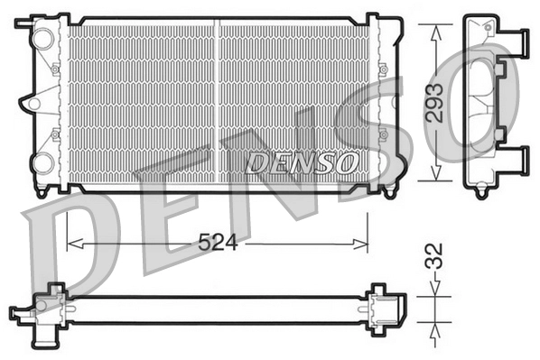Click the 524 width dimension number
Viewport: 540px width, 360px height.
217,243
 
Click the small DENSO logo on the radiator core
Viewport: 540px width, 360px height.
301,163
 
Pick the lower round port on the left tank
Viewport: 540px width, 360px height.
42,163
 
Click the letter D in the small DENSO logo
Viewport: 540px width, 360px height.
256,163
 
